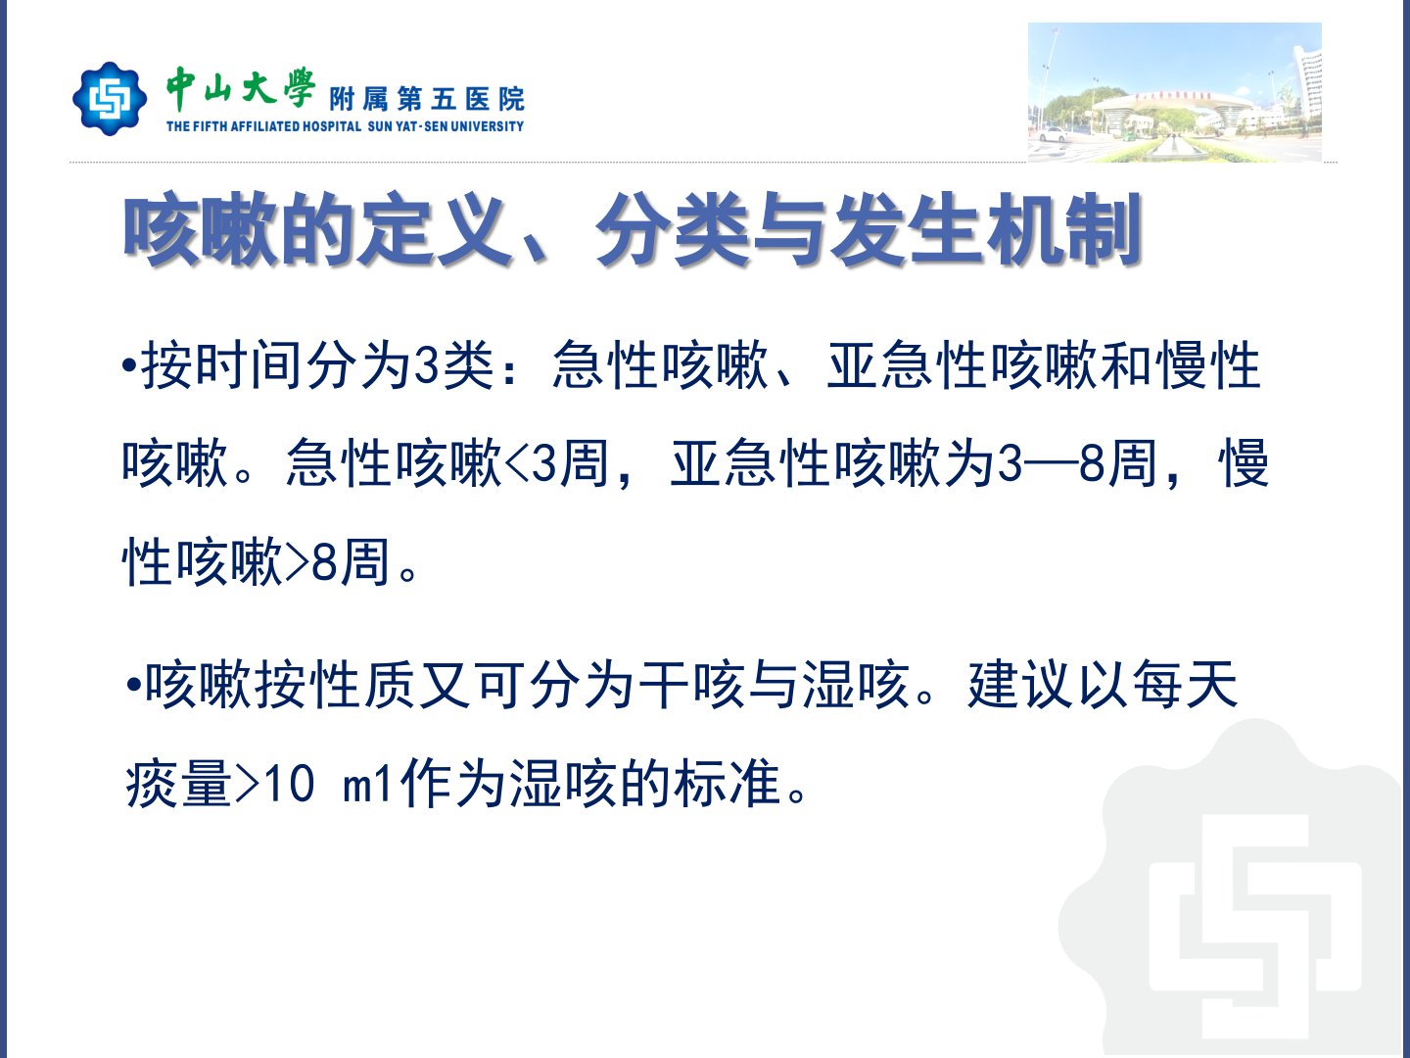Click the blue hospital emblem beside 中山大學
110,98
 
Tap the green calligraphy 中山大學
241,88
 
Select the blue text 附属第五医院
427,100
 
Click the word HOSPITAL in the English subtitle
332,126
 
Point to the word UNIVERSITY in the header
487,126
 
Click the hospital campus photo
1174,92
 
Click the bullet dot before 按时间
129,365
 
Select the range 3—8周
1077,463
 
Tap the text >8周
337,562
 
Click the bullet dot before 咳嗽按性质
133,685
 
